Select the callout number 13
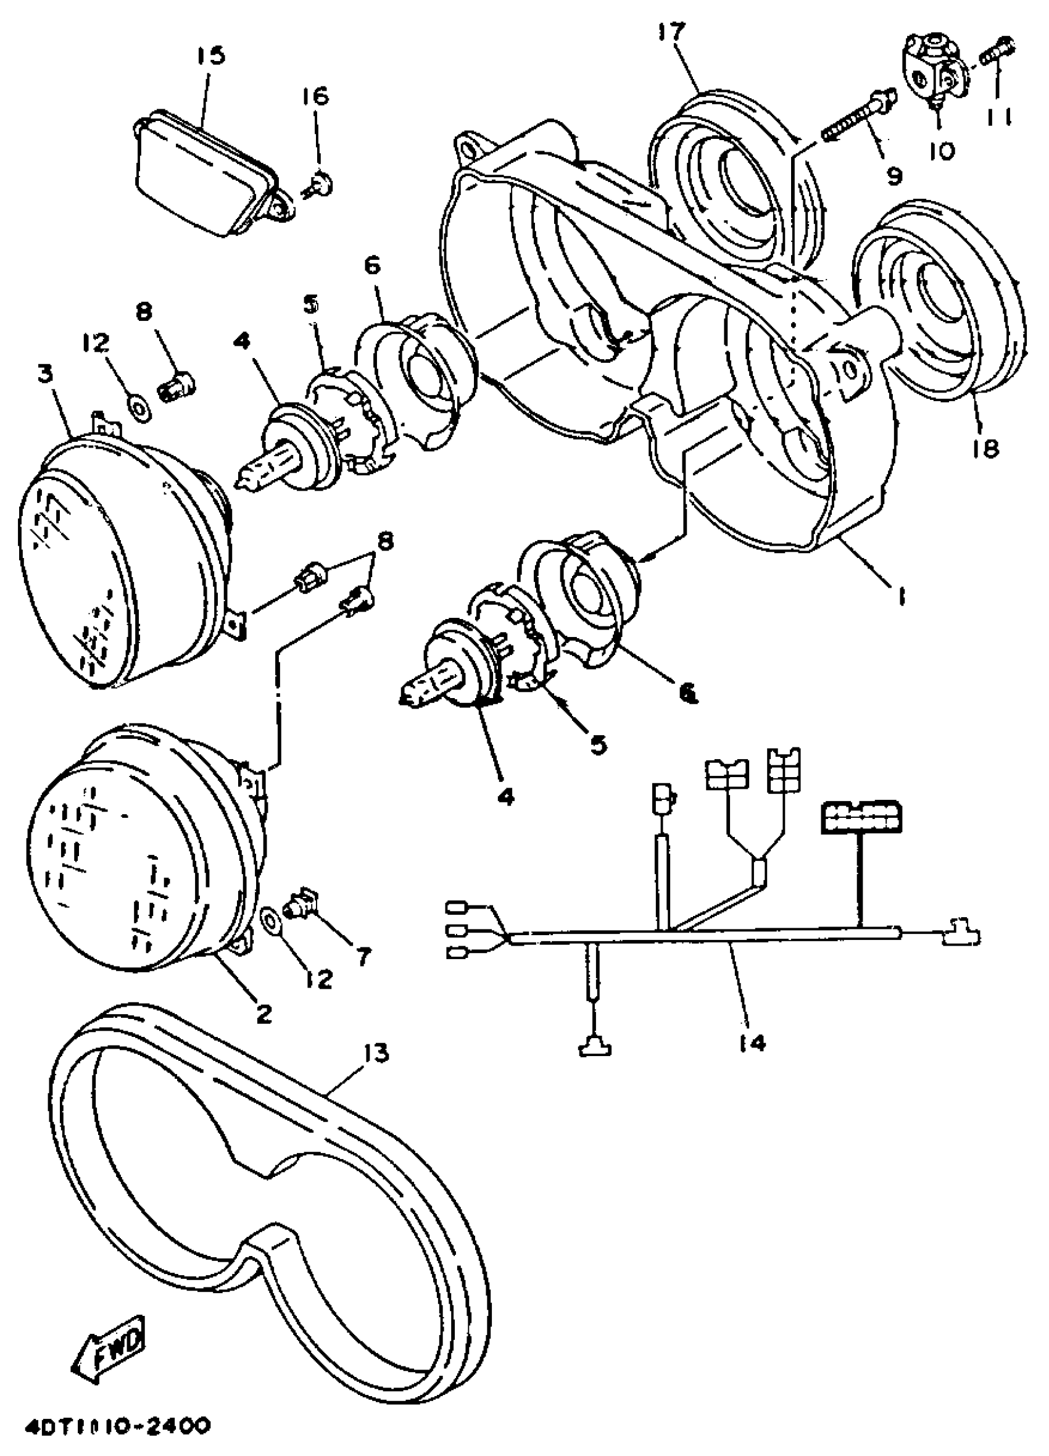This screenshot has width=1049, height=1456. [x=376, y=1053]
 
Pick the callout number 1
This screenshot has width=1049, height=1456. [x=902, y=597]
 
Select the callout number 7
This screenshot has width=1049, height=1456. [x=363, y=957]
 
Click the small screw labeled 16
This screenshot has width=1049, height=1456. [x=320, y=186]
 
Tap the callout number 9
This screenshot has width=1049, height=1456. [x=894, y=175]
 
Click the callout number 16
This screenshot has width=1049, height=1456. [x=316, y=96]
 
